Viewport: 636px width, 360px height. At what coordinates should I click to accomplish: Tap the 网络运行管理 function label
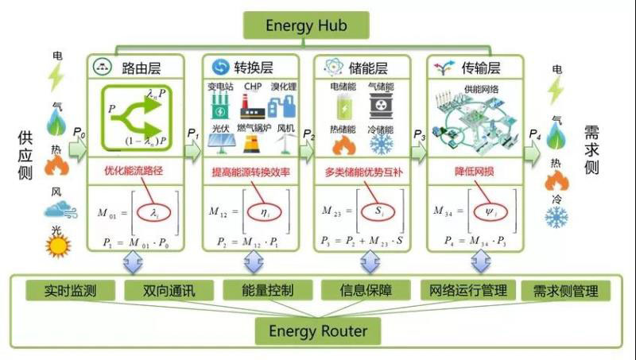467,291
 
